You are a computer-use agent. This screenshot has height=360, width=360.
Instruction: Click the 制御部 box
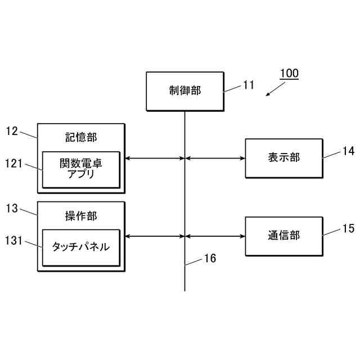pos(184,91)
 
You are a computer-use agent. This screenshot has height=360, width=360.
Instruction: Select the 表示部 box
pos(284,158)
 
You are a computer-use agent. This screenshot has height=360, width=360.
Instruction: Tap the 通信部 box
pos(284,236)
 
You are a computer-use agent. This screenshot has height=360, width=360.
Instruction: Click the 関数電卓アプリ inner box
pos(81,169)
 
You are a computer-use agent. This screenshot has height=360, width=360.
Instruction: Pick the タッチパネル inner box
pos(81,247)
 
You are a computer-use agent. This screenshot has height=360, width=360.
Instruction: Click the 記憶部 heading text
pos(81,138)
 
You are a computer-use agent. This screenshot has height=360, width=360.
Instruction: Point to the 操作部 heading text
pos(81,216)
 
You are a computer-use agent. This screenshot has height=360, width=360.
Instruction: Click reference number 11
pos(249,85)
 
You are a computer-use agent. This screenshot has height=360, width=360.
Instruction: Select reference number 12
pos(12,131)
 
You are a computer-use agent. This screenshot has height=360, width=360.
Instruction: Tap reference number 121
pos(13,164)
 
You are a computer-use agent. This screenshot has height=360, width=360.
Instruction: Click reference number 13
pos(12,209)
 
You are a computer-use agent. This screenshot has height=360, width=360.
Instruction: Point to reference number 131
pos(13,241)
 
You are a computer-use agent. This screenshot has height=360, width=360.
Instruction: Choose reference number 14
pos(349,151)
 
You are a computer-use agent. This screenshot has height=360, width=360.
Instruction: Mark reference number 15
pos(349,228)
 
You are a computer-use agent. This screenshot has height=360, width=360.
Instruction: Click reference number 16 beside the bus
pos(210,259)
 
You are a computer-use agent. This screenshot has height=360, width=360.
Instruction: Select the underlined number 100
pos(289,74)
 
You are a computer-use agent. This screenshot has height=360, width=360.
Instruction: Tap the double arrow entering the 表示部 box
pos(215,159)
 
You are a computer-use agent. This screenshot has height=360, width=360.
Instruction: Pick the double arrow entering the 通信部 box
pos(215,236)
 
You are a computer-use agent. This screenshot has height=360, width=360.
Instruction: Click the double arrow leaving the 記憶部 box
pos(155,159)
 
